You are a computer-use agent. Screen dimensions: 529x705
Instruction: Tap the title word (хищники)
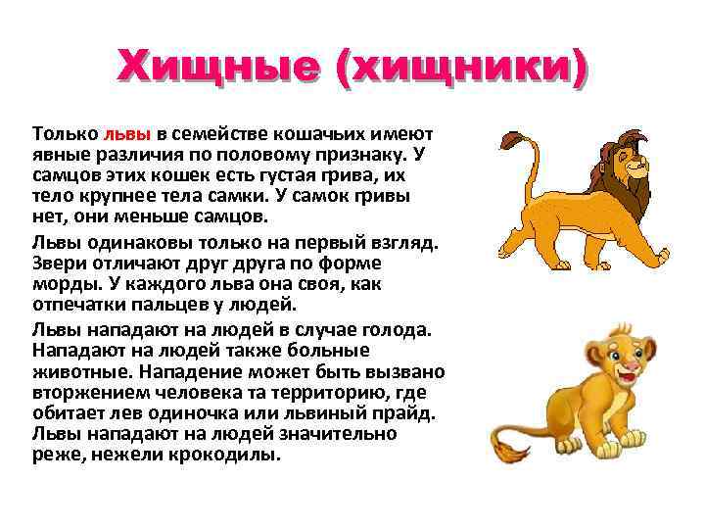click(461, 68)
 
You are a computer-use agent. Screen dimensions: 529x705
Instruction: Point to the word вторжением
click(84, 393)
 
